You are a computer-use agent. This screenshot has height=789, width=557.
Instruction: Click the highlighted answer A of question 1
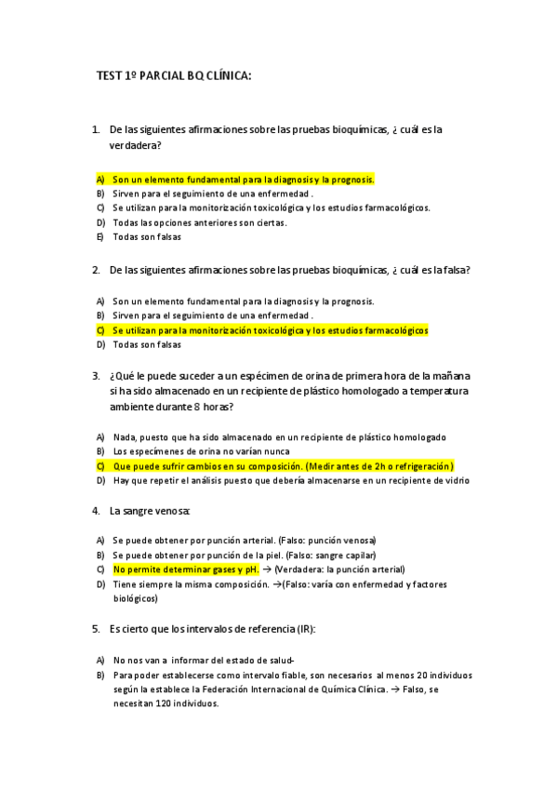[x=243, y=179]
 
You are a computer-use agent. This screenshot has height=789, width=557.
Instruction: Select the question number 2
[x=96, y=270]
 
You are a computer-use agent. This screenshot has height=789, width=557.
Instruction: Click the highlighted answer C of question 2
[x=270, y=330]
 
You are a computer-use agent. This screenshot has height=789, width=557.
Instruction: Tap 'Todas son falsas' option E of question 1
[x=147, y=236]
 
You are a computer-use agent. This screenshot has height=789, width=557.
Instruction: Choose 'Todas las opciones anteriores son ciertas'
[x=200, y=222]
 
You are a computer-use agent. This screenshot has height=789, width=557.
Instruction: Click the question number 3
[x=96, y=376]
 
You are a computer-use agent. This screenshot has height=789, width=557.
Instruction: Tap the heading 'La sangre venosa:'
[x=150, y=511]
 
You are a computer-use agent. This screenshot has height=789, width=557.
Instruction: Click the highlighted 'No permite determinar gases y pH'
[x=185, y=569]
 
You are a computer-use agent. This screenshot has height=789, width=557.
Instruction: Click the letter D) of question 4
[x=99, y=584]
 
